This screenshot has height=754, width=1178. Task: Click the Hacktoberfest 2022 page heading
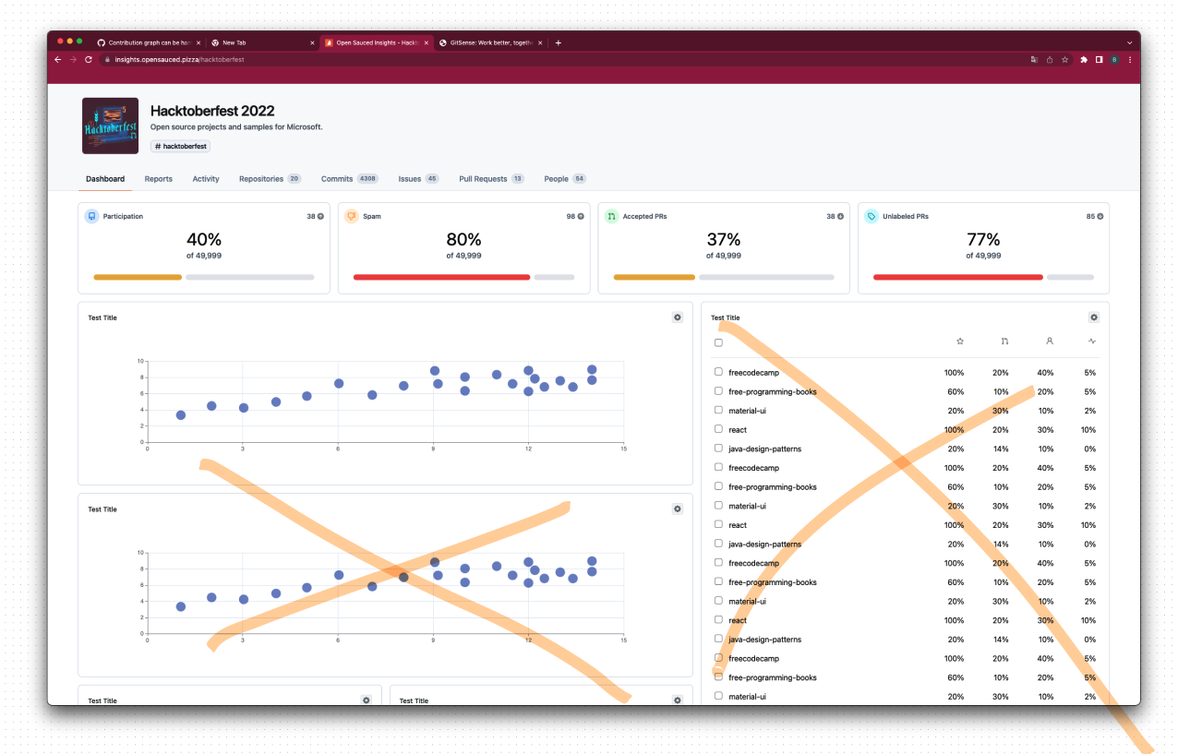pyautogui.click(x=212, y=111)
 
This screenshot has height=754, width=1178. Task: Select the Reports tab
pyautogui.click(x=158, y=179)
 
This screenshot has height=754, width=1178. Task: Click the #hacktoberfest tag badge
pyautogui.click(x=181, y=146)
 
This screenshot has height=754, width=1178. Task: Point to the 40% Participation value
pyautogui.click(x=203, y=240)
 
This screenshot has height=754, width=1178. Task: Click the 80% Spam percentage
pyautogui.click(x=463, y=240)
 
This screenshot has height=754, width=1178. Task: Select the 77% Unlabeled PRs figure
pyautogui.click(x=983, y=240)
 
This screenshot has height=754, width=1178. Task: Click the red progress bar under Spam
pyautogui.click(x=441, y=277)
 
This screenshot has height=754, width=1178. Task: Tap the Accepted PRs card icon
pyautogui.click(x=611, y=216)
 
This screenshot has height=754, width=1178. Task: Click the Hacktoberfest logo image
pyautogui.click(x=110, y=126)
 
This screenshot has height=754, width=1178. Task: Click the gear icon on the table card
pyautogui.click(x=1094, y=317)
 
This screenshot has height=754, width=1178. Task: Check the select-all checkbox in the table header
pyautogui.click(x=718, y=342)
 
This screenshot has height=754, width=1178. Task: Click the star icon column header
pyautogui.click(x=959, y=341)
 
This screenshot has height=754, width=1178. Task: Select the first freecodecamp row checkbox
pyautogui.click(x=718, y=372)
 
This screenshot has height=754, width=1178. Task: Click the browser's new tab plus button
pyautogui.click(x=558, y=42)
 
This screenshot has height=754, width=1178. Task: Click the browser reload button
pyautogui.click(x=89, y=59)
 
